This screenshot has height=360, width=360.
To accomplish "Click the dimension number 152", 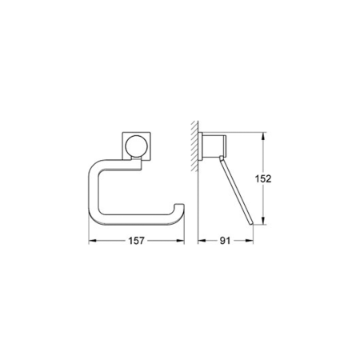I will coord(273,178).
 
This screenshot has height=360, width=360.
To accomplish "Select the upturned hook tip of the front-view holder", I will coord(180,210).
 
